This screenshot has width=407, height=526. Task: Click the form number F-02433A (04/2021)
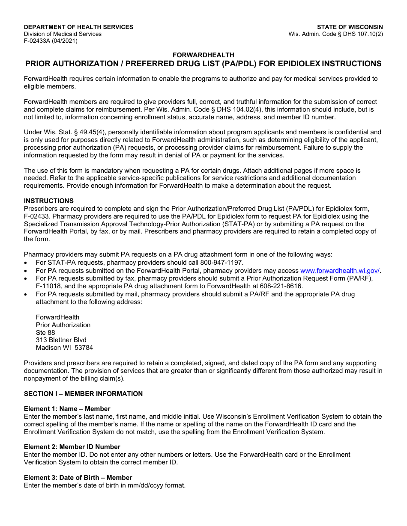click(51, 41)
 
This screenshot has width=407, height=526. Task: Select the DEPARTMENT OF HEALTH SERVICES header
click(78, 27)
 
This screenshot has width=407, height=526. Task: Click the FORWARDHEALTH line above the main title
click(203, 55)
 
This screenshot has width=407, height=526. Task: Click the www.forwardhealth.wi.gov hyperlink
click(340, 271)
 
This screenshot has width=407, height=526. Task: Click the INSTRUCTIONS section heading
click(49, 201)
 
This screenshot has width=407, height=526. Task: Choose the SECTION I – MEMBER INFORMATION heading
click(83, 394)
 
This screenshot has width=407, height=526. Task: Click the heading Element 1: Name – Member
click(67, 409)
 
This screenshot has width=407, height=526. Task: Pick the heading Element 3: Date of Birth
click(78, 478)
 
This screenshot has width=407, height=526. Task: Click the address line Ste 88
click(45, 332)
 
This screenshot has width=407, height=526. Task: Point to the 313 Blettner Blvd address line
click(61, 340)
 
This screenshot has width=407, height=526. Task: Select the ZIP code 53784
click(84, 348)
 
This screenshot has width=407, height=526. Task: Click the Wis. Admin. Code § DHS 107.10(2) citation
click(336, 34)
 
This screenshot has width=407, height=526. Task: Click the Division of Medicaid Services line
click(63, 34)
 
